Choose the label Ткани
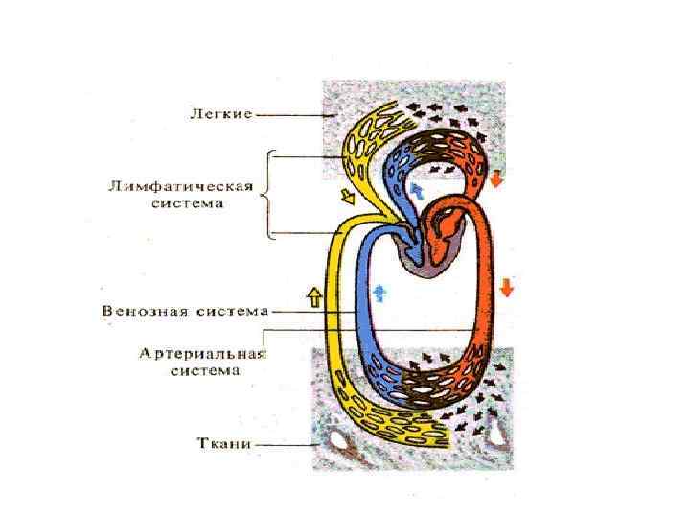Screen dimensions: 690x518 coord(223,445)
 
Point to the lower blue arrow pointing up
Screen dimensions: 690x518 coord(381,288)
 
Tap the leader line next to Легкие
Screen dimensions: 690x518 coord(292,115)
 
